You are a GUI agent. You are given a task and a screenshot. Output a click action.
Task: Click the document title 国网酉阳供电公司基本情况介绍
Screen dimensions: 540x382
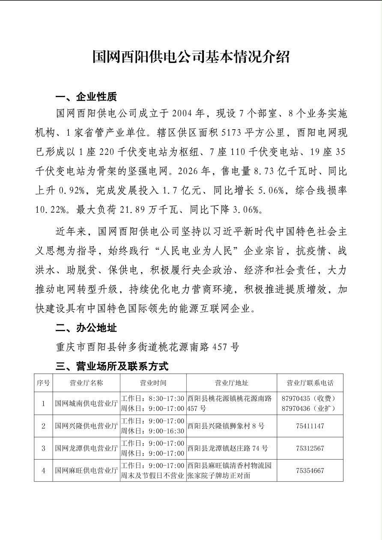[191, 56]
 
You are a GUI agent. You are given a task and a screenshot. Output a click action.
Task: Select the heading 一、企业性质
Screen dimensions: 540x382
[86, 97]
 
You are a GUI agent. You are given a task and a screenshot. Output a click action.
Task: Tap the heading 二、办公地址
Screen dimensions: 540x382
[86, 328]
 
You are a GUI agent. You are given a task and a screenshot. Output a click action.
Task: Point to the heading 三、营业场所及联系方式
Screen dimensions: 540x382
[112, 366]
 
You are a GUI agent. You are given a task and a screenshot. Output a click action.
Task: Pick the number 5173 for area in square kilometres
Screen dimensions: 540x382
[231, 133]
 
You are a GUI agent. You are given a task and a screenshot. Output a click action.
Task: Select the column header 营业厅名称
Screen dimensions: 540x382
[86, 383]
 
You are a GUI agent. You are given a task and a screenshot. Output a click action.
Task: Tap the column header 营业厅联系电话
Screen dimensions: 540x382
[309, 383]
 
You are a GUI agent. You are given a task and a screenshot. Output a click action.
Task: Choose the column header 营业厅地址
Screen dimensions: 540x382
[231, 383]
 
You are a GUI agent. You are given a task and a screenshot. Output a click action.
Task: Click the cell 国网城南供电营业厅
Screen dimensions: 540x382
[86, 404]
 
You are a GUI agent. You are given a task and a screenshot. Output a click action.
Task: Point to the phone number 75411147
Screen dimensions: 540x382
[309, 426]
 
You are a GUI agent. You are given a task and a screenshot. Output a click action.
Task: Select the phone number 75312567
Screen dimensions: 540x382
[309, 448]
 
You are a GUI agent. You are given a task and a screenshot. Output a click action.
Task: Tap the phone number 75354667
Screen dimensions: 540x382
[309, 471]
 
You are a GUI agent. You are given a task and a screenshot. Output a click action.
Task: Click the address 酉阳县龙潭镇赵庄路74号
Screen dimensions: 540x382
[228, 448]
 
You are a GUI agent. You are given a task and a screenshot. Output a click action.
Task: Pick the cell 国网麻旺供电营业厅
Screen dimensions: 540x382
[86, 471]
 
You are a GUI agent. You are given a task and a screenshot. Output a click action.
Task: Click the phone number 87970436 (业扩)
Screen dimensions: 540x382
[308, 409]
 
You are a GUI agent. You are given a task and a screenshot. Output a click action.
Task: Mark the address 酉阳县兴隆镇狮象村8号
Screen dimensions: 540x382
[226, 426]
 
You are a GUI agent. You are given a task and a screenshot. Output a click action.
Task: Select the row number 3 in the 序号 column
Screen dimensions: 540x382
[43, 448]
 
